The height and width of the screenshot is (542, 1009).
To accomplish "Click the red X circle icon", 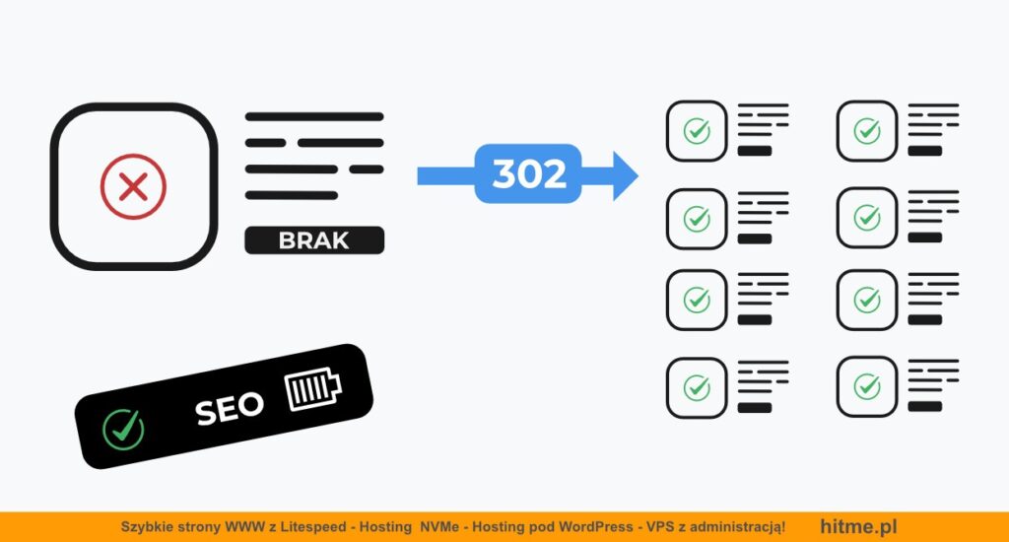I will pyautogui.click(x=133, y=185).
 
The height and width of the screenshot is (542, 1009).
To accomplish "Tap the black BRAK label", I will pyautogui.click(x=313, y=239).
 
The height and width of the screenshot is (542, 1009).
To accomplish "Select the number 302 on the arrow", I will pyautogui.click(x=529, y=174).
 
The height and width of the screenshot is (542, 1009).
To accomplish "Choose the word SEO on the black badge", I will pyautogui.click(x=229, y=408).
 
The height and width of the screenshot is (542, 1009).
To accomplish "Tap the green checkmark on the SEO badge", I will pyautogui.click(x=123, y=429).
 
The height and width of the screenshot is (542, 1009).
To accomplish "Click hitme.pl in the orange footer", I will pyautogui.click(x=858, y=527).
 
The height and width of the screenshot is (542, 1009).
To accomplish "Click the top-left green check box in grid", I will pyautogui.click(x=697, y=131).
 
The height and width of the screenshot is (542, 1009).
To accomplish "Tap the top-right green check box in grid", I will pyautogui.click(x=866, y=131).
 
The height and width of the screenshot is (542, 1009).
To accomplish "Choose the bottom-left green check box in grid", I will pyautogui.click(x=697, y=386).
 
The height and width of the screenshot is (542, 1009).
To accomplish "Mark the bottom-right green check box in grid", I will pyautogui.click(x=866, y=386).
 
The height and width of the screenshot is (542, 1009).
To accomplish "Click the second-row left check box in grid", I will pyautogui.click(x=697, y=217).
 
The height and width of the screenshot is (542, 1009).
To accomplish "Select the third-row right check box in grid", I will pyautogui.click(x=866, y=300).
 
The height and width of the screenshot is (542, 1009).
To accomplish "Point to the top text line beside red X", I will pyautogui.click(x=313, y=116).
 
